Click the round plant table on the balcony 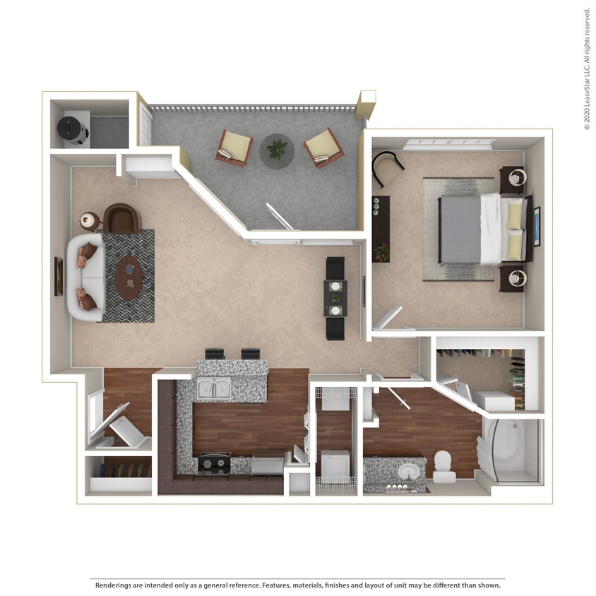pos(277,150)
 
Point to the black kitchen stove pos(214,463)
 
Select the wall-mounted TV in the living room pos(58,276)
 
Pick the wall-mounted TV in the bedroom pos(536,226)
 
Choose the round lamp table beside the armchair pos(89,220)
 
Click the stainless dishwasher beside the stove pos(267,464)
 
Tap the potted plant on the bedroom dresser pos(381,251)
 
